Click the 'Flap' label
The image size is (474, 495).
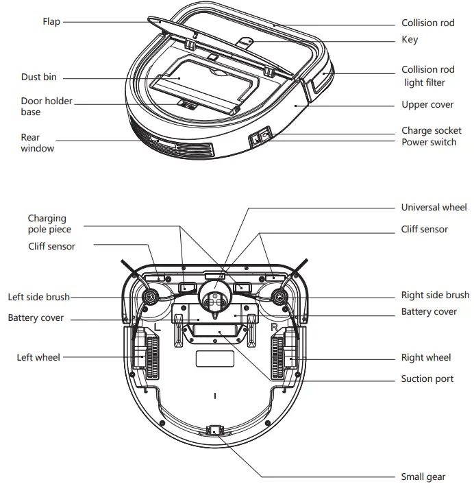(51, 22)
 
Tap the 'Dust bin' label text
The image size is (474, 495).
(39, 77)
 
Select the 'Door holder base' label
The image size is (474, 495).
(46, 106)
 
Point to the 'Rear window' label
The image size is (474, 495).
(37, 143)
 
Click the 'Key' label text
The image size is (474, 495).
(409, 40)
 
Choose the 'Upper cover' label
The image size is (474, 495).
(427, 105)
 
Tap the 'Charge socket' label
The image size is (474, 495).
(432, 130)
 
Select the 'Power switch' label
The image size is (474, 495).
(429, 142)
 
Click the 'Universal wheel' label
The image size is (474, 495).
(434, 207)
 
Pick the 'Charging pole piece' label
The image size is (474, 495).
(49, 224)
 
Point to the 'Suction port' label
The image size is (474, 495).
(427, 378)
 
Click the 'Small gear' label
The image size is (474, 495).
(423, 476)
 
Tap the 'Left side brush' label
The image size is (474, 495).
(39, 298)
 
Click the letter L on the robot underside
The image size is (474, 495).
(158, 328)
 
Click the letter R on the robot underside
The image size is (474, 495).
(274, 328)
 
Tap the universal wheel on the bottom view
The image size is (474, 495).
(214, 299)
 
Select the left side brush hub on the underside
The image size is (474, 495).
(149, 297)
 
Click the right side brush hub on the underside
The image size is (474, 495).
(279, 297)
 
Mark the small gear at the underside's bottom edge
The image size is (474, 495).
(214, 430)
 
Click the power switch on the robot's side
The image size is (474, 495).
(260, 139)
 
